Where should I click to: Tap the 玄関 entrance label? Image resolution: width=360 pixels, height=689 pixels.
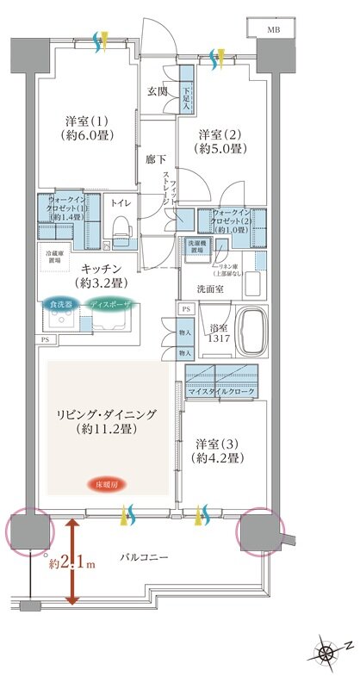(x=156, y=91)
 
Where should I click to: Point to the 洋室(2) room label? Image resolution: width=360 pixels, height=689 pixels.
(x=222, y=141)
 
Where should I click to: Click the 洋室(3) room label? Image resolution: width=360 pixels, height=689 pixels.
(x=215, y=451)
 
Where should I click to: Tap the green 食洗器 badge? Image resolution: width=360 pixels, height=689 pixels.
(x=60, y=304)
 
